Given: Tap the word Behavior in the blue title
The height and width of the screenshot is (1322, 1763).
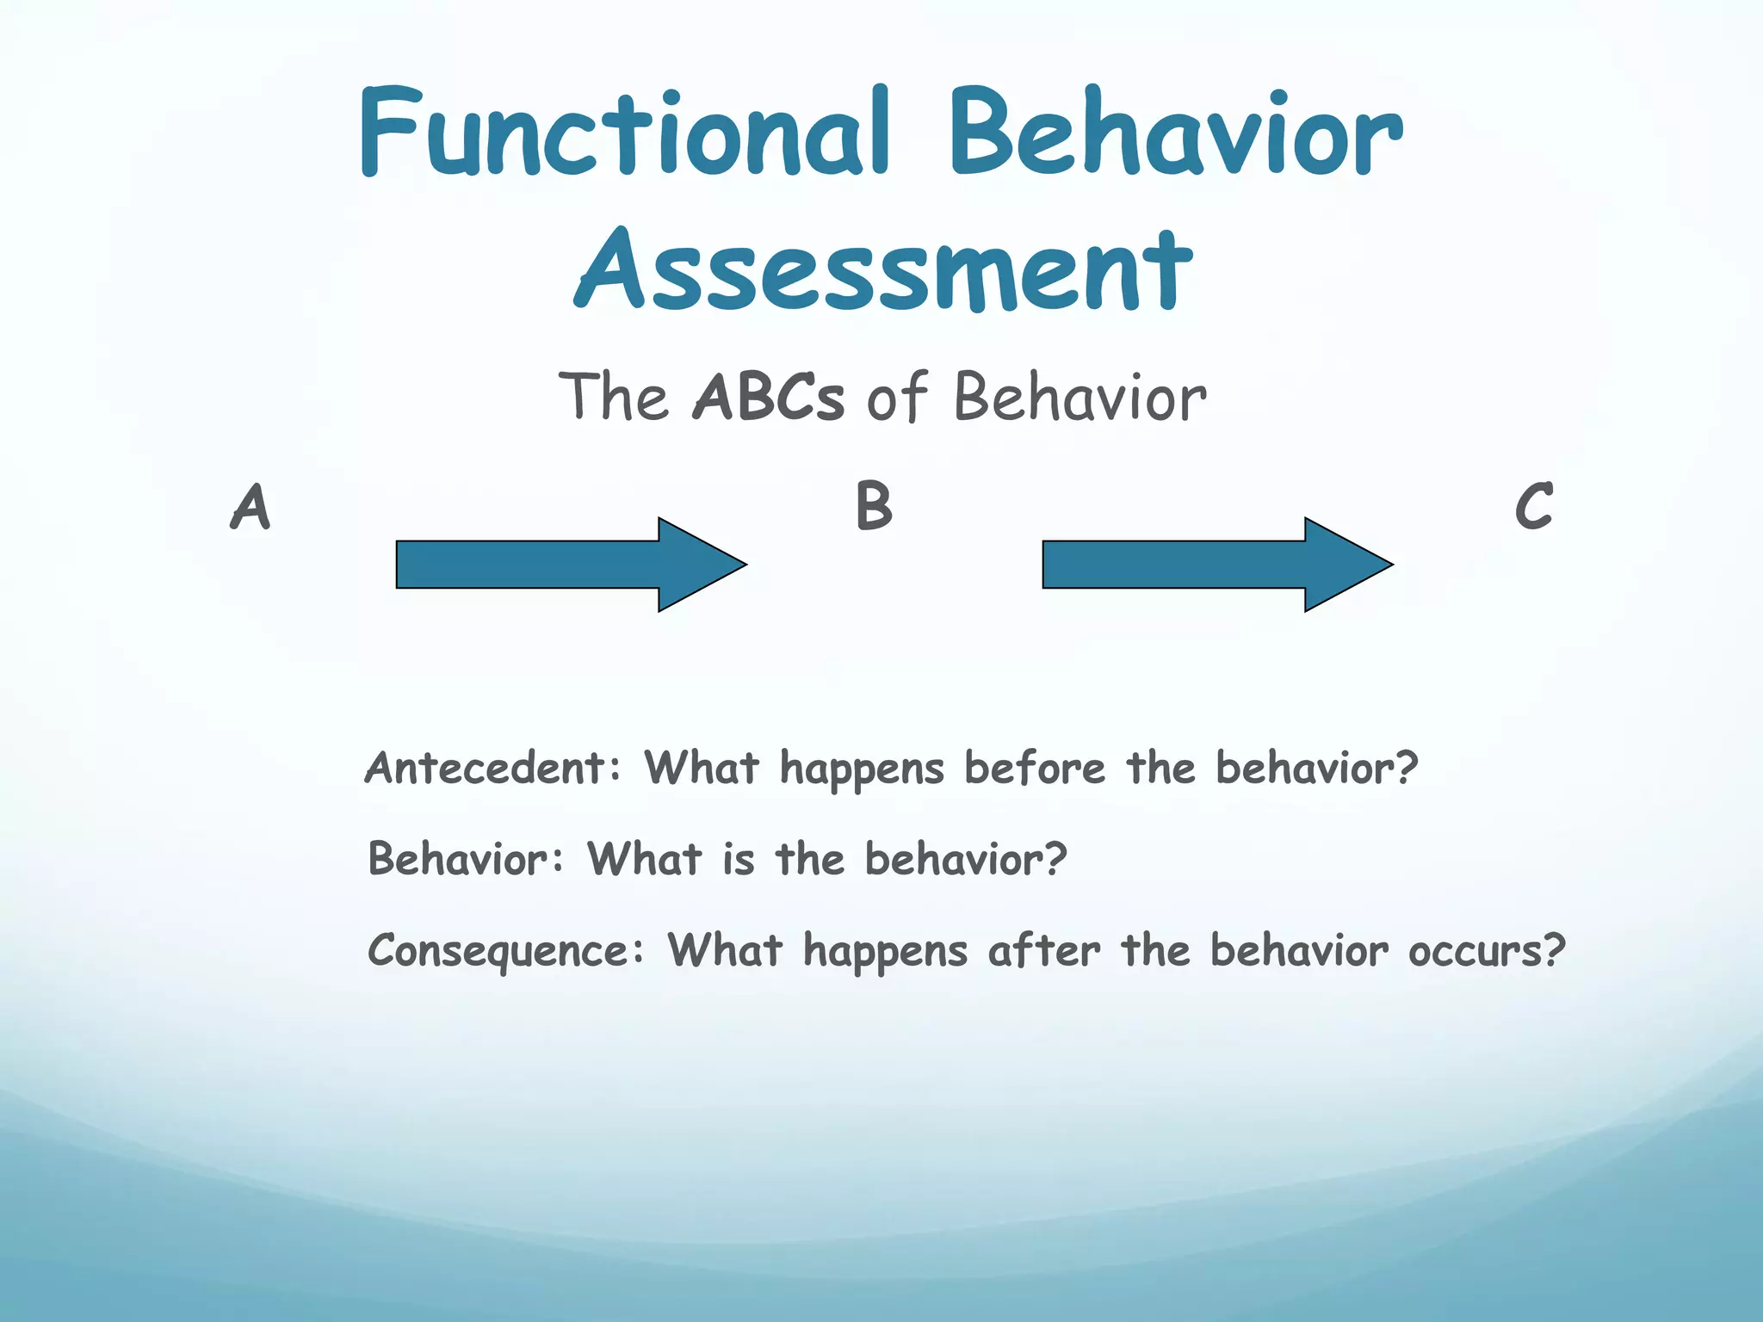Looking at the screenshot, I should coord(1175,133).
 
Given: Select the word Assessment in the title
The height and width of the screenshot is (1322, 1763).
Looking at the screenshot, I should coord(883,269).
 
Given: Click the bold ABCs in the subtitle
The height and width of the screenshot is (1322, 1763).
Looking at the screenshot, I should coord(768,398).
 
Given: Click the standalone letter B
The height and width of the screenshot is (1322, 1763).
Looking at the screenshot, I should coord(874,506).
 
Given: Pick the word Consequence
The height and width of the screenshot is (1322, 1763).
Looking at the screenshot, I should coord(498,950).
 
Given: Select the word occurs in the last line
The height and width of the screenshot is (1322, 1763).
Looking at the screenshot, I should coord(1475,950).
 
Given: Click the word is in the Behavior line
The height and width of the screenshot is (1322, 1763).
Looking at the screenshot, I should coord(739,859).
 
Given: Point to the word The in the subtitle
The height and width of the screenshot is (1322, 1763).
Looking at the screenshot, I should coord(613,398).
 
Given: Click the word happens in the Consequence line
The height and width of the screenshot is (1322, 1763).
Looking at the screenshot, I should coord(885,952).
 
